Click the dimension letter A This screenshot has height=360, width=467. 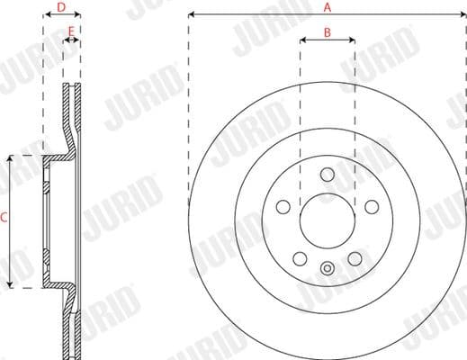click(x=328, y=7)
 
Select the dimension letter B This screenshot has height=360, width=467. click(x=328, y=32)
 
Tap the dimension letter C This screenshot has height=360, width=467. click(x=4, y=218)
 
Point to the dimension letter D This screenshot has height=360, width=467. click(x=61, y=7)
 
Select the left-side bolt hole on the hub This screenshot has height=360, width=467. click(x=283, y=207)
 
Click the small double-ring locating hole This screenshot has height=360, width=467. click(x=328, y=266)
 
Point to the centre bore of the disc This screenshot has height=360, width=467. click(x=328, y=221)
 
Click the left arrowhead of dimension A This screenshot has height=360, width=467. click(x=192, y=15)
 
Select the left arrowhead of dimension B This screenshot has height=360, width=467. click(x=302, y=40)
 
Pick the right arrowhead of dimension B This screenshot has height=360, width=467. click(x=353, y=40)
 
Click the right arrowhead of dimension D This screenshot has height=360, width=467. click(x=78, y=15)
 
